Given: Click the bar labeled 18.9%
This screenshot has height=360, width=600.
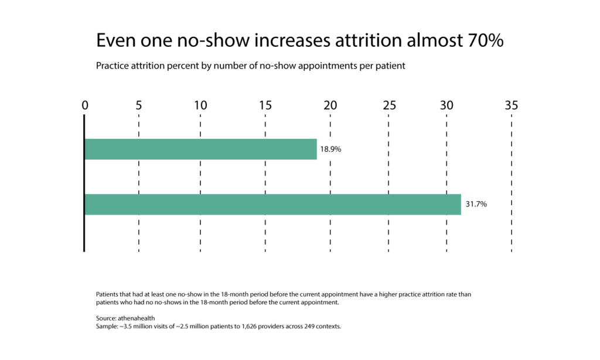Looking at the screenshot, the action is click(200, 149).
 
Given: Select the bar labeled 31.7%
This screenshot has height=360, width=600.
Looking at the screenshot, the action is click(273, 204).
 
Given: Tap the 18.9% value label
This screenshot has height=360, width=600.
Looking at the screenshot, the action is click(330, 149).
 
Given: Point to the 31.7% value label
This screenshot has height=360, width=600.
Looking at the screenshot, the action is click(476, 204).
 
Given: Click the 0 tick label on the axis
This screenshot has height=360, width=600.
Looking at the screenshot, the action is click(85, 106).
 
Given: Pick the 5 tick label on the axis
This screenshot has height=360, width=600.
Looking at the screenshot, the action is click(138, 106).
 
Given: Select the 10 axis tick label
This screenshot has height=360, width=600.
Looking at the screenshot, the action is click(200, 106).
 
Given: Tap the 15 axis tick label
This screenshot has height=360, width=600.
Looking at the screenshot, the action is click(265, 106).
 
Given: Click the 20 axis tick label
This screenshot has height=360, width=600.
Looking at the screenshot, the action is click(330, 106).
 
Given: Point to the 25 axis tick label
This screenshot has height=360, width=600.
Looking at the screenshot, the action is click(390, 106).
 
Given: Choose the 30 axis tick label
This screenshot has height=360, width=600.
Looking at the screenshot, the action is click(446, 106).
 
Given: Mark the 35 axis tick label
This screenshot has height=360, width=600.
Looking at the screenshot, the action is click(511, 106).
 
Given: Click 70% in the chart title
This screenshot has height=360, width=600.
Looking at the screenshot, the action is click(485, 40).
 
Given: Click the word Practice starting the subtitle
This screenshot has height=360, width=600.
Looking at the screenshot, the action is click(112, 66).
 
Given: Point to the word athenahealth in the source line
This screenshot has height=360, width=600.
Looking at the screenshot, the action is click(136, 318).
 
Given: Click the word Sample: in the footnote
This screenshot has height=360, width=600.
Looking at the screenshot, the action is click(107, 327).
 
